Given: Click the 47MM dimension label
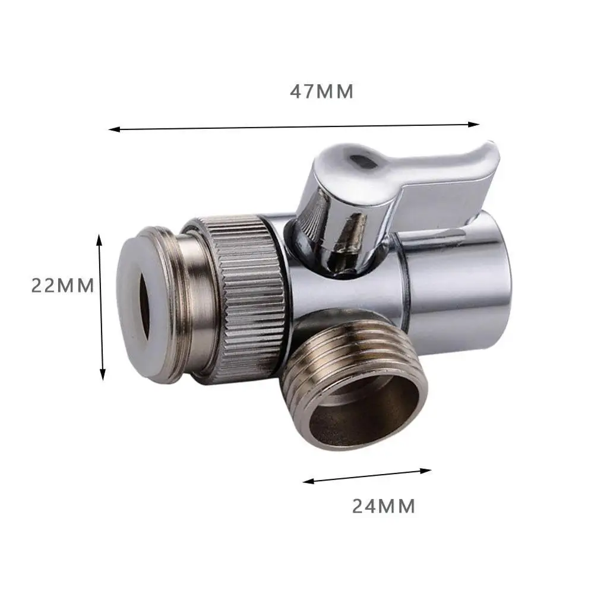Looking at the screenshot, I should coord(321,92).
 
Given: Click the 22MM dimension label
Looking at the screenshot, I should coord(62,286).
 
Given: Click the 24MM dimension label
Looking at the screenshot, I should coord(383,506).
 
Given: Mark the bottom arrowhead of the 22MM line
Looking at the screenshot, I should coord(103,375).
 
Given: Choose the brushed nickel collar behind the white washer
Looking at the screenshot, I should coord(190,303).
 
